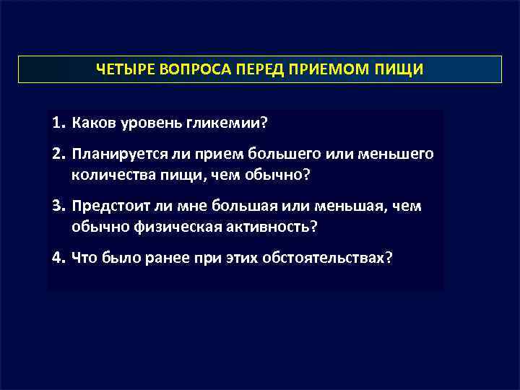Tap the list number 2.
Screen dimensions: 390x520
(58, 154)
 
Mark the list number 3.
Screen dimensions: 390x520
(58, 207)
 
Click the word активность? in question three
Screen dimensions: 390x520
(273, 227)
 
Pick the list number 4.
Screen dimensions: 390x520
(58, 259)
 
